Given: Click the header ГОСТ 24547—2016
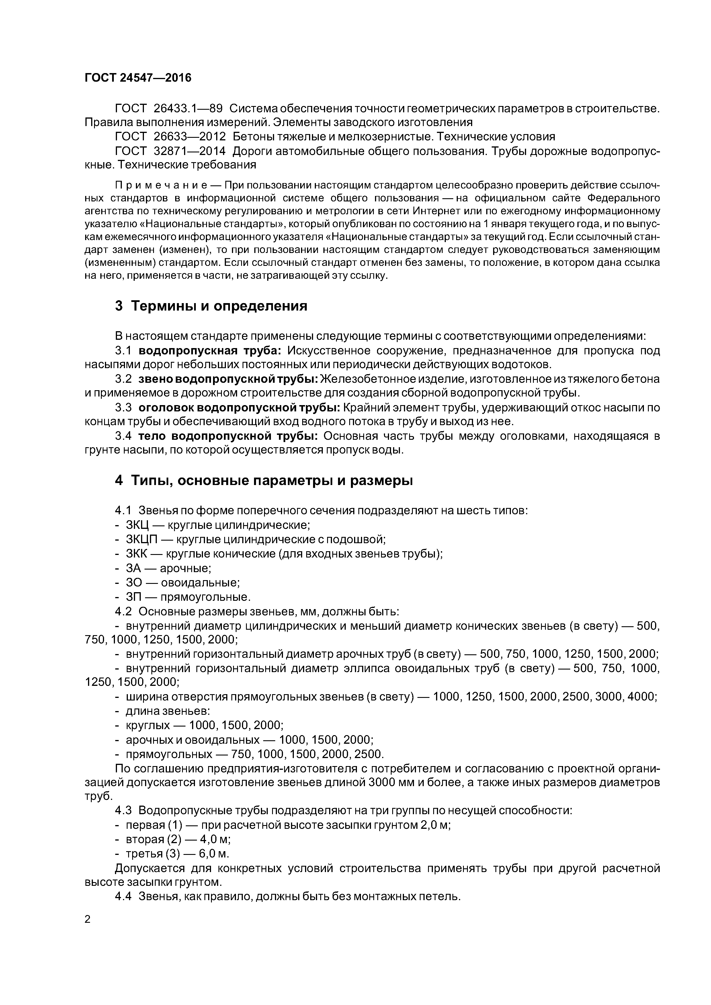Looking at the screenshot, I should pyautogui.click(x=138, y=78).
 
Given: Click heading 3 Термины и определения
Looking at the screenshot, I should pyautogui.click(x=211, y=306).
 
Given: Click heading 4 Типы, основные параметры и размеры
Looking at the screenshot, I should pyautogui.click(x=264, y=481).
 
